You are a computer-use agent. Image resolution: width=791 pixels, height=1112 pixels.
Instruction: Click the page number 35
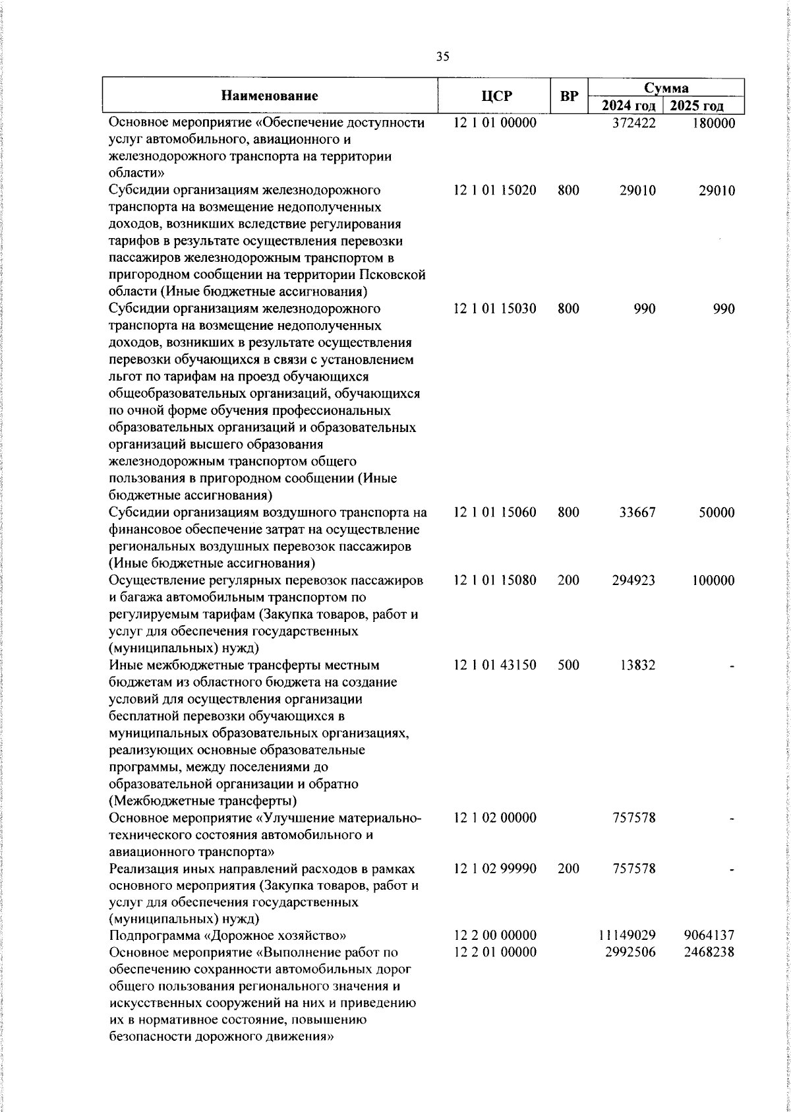point(443,57)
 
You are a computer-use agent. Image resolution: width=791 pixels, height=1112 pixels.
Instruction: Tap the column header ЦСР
point(495,96)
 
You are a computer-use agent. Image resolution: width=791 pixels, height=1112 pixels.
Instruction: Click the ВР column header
point(569,96)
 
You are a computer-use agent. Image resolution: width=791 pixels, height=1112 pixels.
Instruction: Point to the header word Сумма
point(666,88)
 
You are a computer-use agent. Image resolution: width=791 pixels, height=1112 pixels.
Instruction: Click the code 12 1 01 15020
point(495,191)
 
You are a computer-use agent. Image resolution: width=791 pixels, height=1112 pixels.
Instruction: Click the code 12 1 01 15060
point(495,512)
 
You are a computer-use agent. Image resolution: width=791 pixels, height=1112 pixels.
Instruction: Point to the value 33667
point(637,512)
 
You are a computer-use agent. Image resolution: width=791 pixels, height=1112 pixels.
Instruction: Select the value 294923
point(632,580)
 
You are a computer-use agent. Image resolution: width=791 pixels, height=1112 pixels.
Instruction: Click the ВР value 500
point(568,665)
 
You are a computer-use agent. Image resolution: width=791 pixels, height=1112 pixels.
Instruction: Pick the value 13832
point(637,665)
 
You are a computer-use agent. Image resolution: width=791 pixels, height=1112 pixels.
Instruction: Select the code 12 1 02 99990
point(495,869)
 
